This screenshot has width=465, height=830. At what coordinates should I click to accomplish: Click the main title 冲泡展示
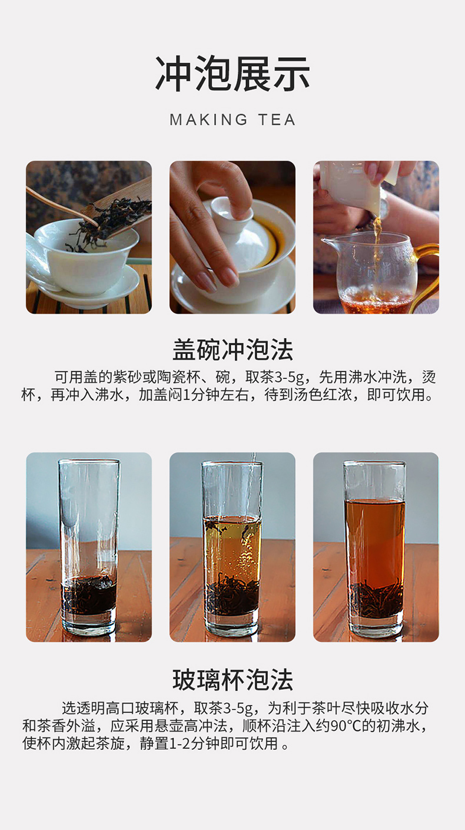pos(232,74)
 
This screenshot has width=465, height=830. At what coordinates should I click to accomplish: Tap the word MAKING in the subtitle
pos(208,120)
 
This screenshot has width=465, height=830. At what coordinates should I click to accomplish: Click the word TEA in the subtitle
pos(277,120)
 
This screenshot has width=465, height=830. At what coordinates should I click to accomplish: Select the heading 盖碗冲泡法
pos(232,349)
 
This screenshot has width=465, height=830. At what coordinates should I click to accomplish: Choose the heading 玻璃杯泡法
pos(232,680)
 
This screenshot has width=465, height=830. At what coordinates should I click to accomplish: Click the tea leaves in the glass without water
pos(89,596)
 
